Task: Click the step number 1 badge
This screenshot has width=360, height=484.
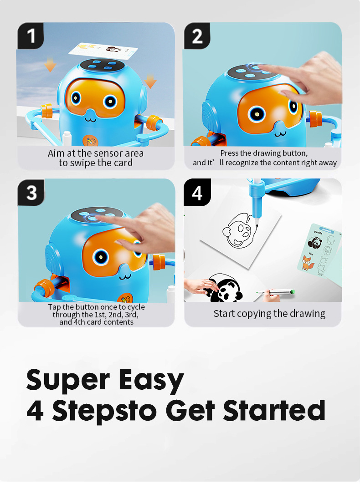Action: coord(31,36)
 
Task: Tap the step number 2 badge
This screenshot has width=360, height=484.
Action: coord(197,36)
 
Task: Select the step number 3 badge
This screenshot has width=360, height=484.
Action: coord(31,193)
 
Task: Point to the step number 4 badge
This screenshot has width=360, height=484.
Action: coord(197,193)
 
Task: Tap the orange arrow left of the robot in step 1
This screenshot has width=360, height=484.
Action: coord(50,65)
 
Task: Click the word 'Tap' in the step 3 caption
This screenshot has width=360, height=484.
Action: coord(54,307)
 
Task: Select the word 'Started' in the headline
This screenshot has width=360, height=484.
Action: coord(274,411)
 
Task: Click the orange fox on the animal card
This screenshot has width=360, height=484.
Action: coord(308,263)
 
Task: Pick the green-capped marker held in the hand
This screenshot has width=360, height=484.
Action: coord(276,292)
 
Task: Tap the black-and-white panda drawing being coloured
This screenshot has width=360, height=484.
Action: coord(225,289)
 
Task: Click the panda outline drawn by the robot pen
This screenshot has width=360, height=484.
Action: coord(240,230)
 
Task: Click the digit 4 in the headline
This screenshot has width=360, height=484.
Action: coord(35,411)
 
